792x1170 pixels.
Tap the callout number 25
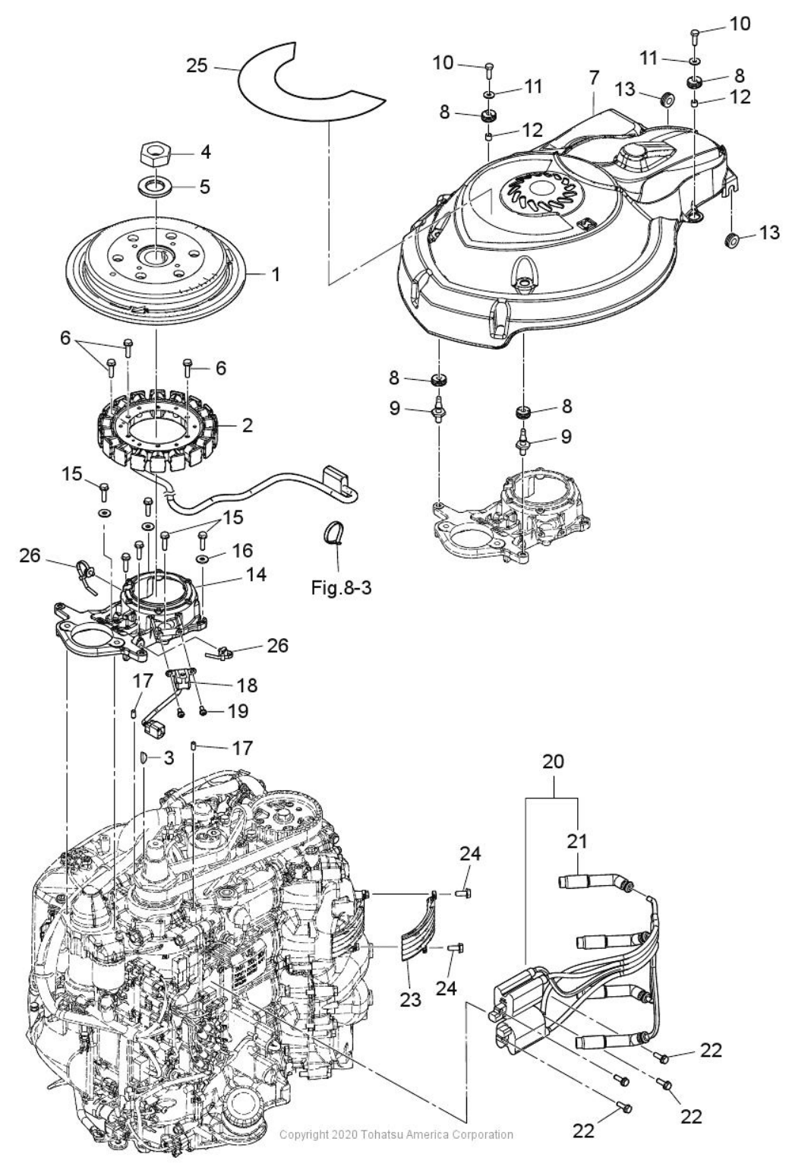click(197, 66)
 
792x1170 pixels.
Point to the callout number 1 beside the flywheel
click(276, 274)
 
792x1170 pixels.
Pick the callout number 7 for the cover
click(593, 77)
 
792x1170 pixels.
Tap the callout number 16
click(243, 550)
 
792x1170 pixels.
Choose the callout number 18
click(247, 685)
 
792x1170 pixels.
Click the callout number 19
click(238, 711)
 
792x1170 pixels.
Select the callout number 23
click(411, 1000)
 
